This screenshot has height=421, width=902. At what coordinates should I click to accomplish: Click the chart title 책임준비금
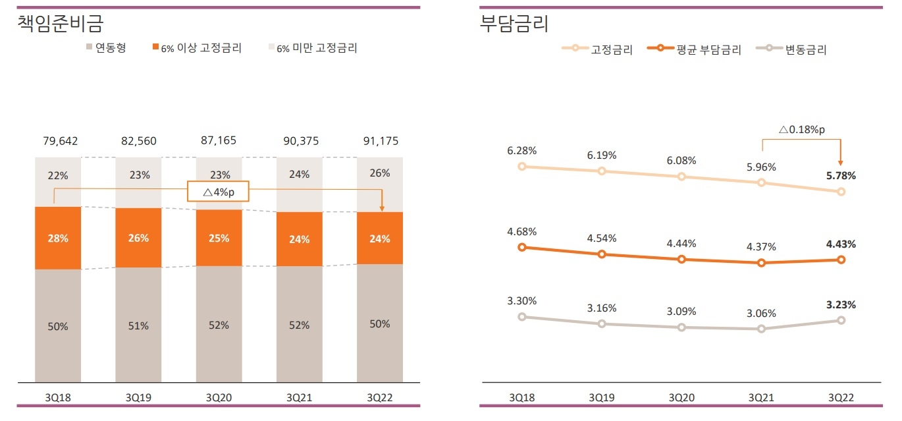(61, 24)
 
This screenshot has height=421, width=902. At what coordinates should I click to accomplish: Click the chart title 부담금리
(514, 24)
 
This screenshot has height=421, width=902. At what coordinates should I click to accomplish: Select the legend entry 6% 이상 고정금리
(197, 48)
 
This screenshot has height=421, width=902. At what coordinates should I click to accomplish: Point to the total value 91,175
(380, 141)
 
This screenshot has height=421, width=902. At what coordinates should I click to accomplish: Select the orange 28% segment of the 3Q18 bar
(58, 239)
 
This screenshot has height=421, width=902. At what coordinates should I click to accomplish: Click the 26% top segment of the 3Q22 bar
(380, 173)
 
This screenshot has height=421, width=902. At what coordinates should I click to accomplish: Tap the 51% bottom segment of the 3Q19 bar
(138, 325)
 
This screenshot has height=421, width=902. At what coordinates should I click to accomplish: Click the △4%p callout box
(219, 191)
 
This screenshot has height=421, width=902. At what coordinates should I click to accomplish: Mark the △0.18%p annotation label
(801, 130)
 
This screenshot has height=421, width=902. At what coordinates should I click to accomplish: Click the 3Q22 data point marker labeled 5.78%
(841, 192)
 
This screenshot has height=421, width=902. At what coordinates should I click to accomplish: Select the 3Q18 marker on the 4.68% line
(522, 247)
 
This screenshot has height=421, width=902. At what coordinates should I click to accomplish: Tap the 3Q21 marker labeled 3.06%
(761, 329)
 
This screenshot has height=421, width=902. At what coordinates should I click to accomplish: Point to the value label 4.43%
(841, 244)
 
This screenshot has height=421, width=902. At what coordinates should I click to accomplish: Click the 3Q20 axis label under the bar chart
(219, 397)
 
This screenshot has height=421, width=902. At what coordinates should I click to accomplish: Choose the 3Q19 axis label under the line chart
(602, 397)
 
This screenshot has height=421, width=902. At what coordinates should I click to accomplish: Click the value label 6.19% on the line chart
(602, 155)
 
